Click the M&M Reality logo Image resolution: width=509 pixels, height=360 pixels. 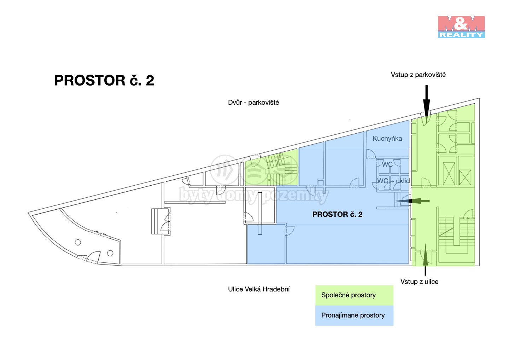pos(461,27)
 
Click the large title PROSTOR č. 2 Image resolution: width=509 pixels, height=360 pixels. pos(104,81)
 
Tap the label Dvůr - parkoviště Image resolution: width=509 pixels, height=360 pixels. pos(253,103)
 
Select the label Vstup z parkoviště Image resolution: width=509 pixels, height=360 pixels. pos(418,75)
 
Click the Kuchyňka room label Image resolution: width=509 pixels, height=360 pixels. pos(387,139)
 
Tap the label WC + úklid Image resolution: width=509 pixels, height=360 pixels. pos(393,181)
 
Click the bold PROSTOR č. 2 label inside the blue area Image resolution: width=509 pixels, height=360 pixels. pos(337,214)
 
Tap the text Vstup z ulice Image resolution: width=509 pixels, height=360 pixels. pos(419,282)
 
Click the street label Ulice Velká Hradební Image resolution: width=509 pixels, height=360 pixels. pos(259,289)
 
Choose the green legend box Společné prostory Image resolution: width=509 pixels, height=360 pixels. pos(354,295)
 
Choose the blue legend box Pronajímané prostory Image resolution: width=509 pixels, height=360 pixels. pos(354,315)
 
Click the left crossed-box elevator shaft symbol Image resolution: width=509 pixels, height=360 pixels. pos(449,174)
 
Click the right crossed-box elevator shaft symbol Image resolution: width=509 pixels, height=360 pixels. pos(465,177)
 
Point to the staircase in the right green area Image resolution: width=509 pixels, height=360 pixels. pos(456,232)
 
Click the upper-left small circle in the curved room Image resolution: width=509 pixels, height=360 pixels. pos(78,243)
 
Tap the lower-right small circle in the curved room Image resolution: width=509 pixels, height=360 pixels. pos(110,253)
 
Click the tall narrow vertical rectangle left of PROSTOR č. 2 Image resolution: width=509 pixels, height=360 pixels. pos(260,213)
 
